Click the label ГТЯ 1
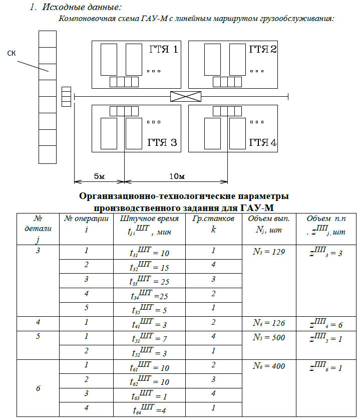[x=163, y=50]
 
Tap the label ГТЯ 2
[x=263, y=50]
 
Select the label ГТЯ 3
[x=162, y=142]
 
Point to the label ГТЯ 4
[x=263, y=142]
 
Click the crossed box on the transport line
[x=186, y=96]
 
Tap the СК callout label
[x=12, y=54]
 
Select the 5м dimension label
[x=99, y=176]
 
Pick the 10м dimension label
[x=177, y=176]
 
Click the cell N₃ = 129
[x=269, y=252]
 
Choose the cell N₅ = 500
[x=269, y=337]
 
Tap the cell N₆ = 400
[x=269, y=366]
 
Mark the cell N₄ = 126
[x=269, y=323]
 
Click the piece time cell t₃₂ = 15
[x=149, y=266]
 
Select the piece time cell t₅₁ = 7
[x=149, y=338]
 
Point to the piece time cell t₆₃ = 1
[x=149, y=395]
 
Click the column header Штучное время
[x=149, y=219]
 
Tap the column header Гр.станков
[x=213, y=219]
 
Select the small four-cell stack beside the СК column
[x=67, y=97]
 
